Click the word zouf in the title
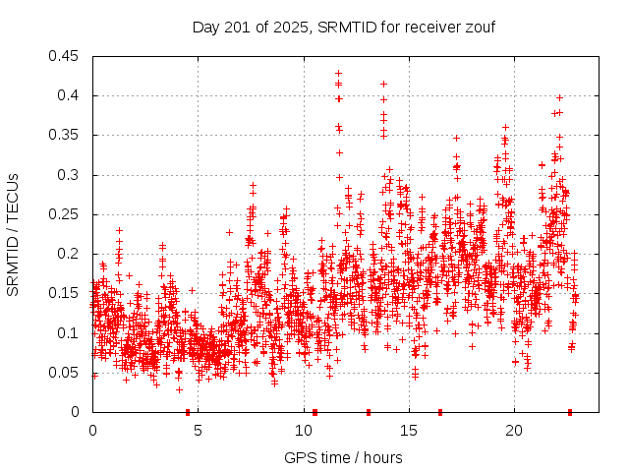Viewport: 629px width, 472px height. [x=480, y=27]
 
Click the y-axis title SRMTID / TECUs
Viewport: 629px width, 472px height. [x=13, y=234]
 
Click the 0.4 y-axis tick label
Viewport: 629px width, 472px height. [x=72, y=95]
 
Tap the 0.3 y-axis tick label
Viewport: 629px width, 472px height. [x=72, y=175]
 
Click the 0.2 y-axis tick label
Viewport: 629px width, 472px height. [x=72, y=254]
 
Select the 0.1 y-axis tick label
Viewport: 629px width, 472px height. [x=72, y=332]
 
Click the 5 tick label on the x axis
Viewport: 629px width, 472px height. [x=198, y=430]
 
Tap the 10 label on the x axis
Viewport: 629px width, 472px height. [x=303, y=430]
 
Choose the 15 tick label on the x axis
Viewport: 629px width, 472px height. [x=408, y=430]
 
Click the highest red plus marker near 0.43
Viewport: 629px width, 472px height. [x=338, y=74]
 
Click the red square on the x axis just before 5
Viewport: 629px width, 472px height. [x=188, y=412]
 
